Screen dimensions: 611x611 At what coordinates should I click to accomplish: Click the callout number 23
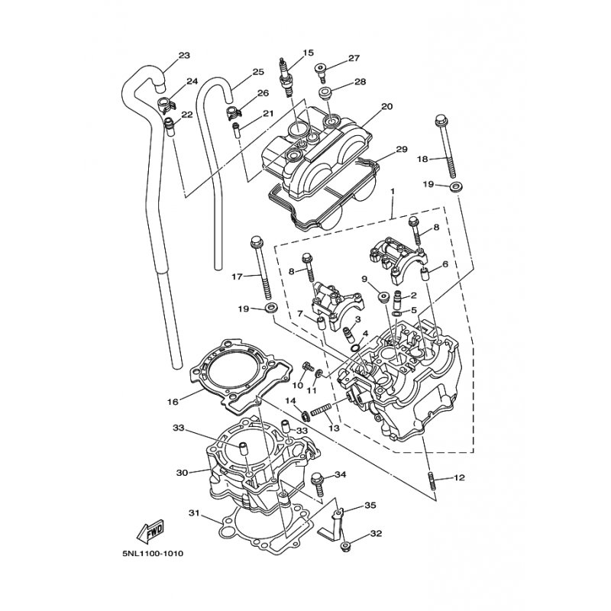point(184,55)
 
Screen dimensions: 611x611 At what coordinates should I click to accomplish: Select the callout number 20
point(386,106)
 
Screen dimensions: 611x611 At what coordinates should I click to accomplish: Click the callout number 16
point(173,400)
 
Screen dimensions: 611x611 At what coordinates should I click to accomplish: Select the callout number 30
point(181,473)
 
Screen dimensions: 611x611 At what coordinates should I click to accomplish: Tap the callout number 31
point(194,512)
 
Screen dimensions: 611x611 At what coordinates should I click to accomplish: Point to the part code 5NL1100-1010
point(152,553)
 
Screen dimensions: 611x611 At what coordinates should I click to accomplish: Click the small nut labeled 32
point(345,545)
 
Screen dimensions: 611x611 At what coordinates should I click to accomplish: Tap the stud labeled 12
point(432,478)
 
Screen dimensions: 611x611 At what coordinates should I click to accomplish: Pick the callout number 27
point(354,58)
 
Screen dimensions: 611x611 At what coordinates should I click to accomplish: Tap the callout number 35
point(370,505)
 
